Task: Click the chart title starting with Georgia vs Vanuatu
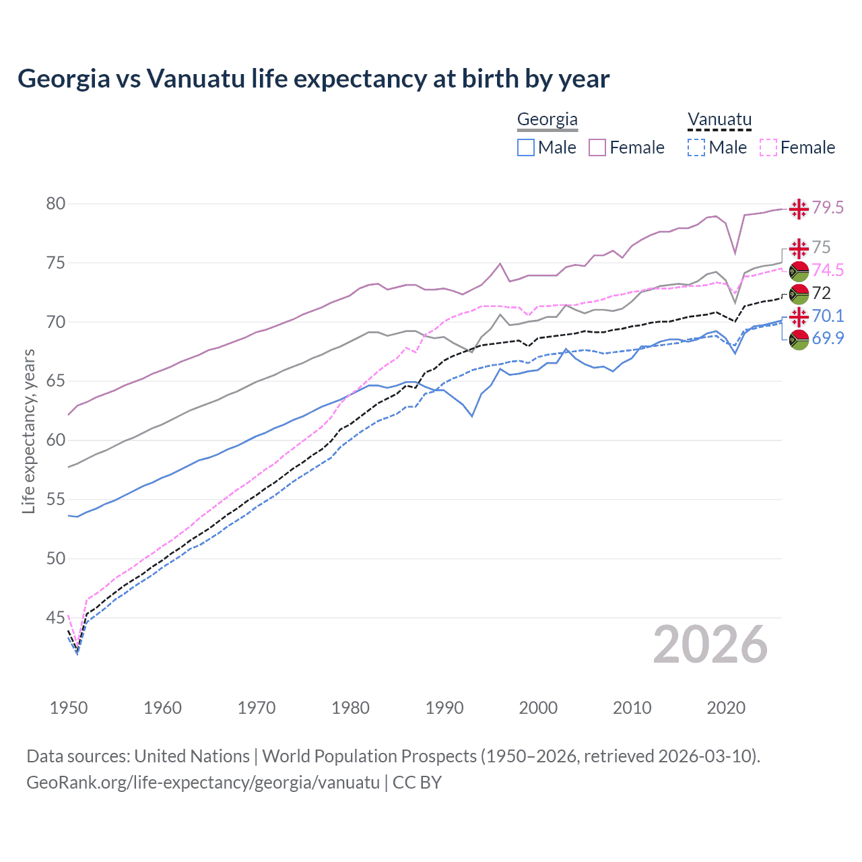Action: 313,79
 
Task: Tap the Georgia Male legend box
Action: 526,147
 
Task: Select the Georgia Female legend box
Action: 597,147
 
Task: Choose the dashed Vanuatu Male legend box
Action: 696,147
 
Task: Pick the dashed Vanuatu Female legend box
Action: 768,147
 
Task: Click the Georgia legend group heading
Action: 547,120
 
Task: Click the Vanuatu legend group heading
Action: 719,120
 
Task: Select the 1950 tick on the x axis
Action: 69,708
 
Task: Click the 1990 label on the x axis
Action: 444,708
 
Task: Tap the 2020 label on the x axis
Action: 726,708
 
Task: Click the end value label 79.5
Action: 828,207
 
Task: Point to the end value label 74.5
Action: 828,270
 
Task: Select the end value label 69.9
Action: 828,338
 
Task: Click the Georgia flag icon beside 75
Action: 799,248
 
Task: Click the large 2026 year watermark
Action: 710,645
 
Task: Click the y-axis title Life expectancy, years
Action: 28,431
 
